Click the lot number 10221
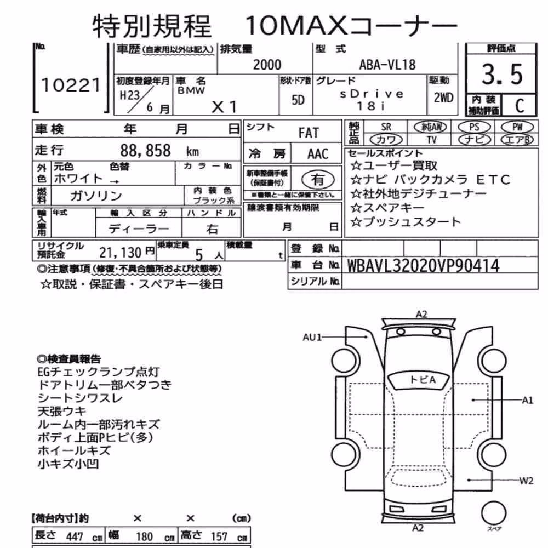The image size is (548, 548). point(71,85)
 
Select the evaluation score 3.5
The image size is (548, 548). point(502,74)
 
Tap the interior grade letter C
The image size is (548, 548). point(520,105)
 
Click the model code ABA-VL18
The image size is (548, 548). point(387,65)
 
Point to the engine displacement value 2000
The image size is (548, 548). point(267,65)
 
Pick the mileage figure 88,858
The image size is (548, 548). point(145,151)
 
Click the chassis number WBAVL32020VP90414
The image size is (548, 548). point(423,266)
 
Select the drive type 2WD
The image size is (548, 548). point(443,98)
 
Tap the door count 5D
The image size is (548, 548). point(298,100)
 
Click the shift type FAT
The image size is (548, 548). point(309,133)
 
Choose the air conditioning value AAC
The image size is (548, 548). point(318,154)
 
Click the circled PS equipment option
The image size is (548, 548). point(474,127)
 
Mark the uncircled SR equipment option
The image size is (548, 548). point(386,127)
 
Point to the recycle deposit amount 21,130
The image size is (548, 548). point(121,252)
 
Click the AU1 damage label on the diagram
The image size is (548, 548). point(312,337)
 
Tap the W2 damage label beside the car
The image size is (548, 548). point(526,481)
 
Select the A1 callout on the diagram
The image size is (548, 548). point(527,401)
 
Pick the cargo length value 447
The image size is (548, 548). point(75,537)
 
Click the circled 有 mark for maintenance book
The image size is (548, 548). point(318,180)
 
